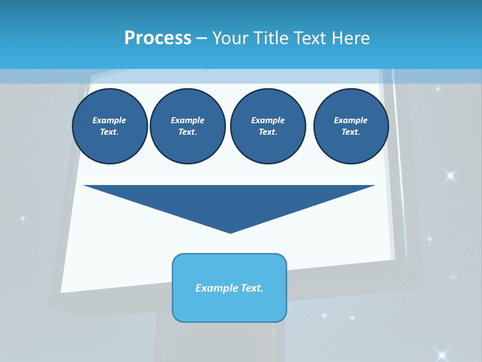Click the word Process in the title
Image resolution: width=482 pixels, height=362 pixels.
tap(158, 38)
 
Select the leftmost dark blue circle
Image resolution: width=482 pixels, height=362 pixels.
tap(109, 126)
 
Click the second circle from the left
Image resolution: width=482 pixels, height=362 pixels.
tap(188, 126)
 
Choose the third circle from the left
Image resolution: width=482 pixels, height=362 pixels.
tap(268, 126)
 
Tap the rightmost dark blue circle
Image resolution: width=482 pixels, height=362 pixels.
tap(351, 126)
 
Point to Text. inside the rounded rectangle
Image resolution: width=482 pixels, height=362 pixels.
tap(252, 288)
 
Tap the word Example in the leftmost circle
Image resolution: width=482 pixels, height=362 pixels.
tap(109, 120)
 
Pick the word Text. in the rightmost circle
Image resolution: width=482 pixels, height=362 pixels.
tap(351, 132)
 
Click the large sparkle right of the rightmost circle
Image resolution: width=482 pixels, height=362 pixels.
tap(450, 175)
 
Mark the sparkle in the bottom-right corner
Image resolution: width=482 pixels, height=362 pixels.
tap(442, 354)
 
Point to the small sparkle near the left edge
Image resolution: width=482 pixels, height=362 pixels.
tap(22, 218)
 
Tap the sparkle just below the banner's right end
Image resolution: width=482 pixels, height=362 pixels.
tap(438, 89)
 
